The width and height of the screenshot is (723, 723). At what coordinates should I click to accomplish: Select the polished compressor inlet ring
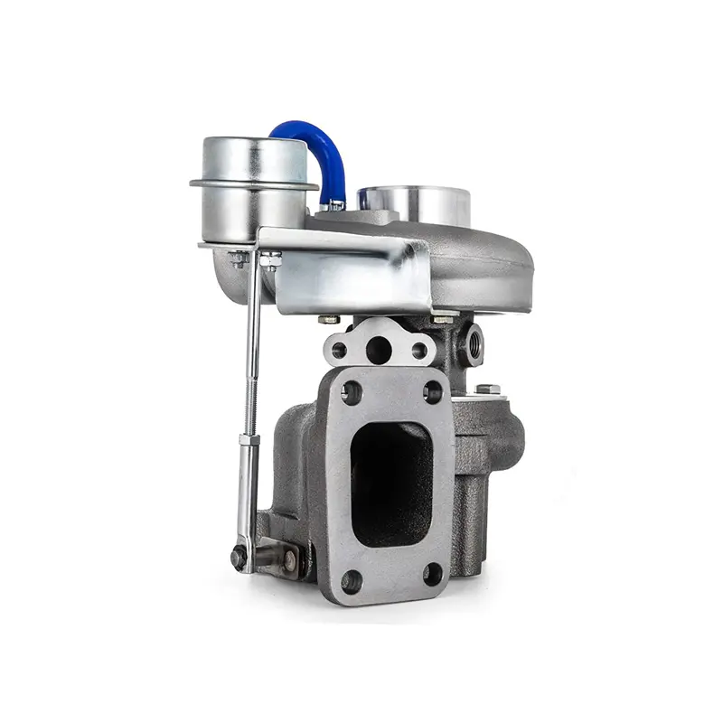point(415,202)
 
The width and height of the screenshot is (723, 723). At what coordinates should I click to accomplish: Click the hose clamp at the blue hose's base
point(335,204)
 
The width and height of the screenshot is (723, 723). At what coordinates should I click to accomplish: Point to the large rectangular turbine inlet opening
point(391,484)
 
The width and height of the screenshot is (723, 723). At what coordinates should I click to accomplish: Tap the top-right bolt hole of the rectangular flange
point(433,391)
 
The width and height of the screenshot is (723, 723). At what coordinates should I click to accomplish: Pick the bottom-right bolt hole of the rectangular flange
point(433,574)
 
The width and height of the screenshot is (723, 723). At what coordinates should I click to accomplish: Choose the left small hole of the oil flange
point(340,350)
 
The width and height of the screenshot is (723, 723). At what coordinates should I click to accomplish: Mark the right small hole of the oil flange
point(419,350)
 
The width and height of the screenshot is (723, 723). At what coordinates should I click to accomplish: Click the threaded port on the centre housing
point(472,343)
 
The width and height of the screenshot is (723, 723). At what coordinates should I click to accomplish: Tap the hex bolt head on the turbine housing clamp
point(488,390)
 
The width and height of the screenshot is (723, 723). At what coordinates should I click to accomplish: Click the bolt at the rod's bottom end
point(240,558)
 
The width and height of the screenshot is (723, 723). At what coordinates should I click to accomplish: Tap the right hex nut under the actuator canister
point(270,259)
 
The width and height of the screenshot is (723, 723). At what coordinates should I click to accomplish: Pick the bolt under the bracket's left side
point(329,318)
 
